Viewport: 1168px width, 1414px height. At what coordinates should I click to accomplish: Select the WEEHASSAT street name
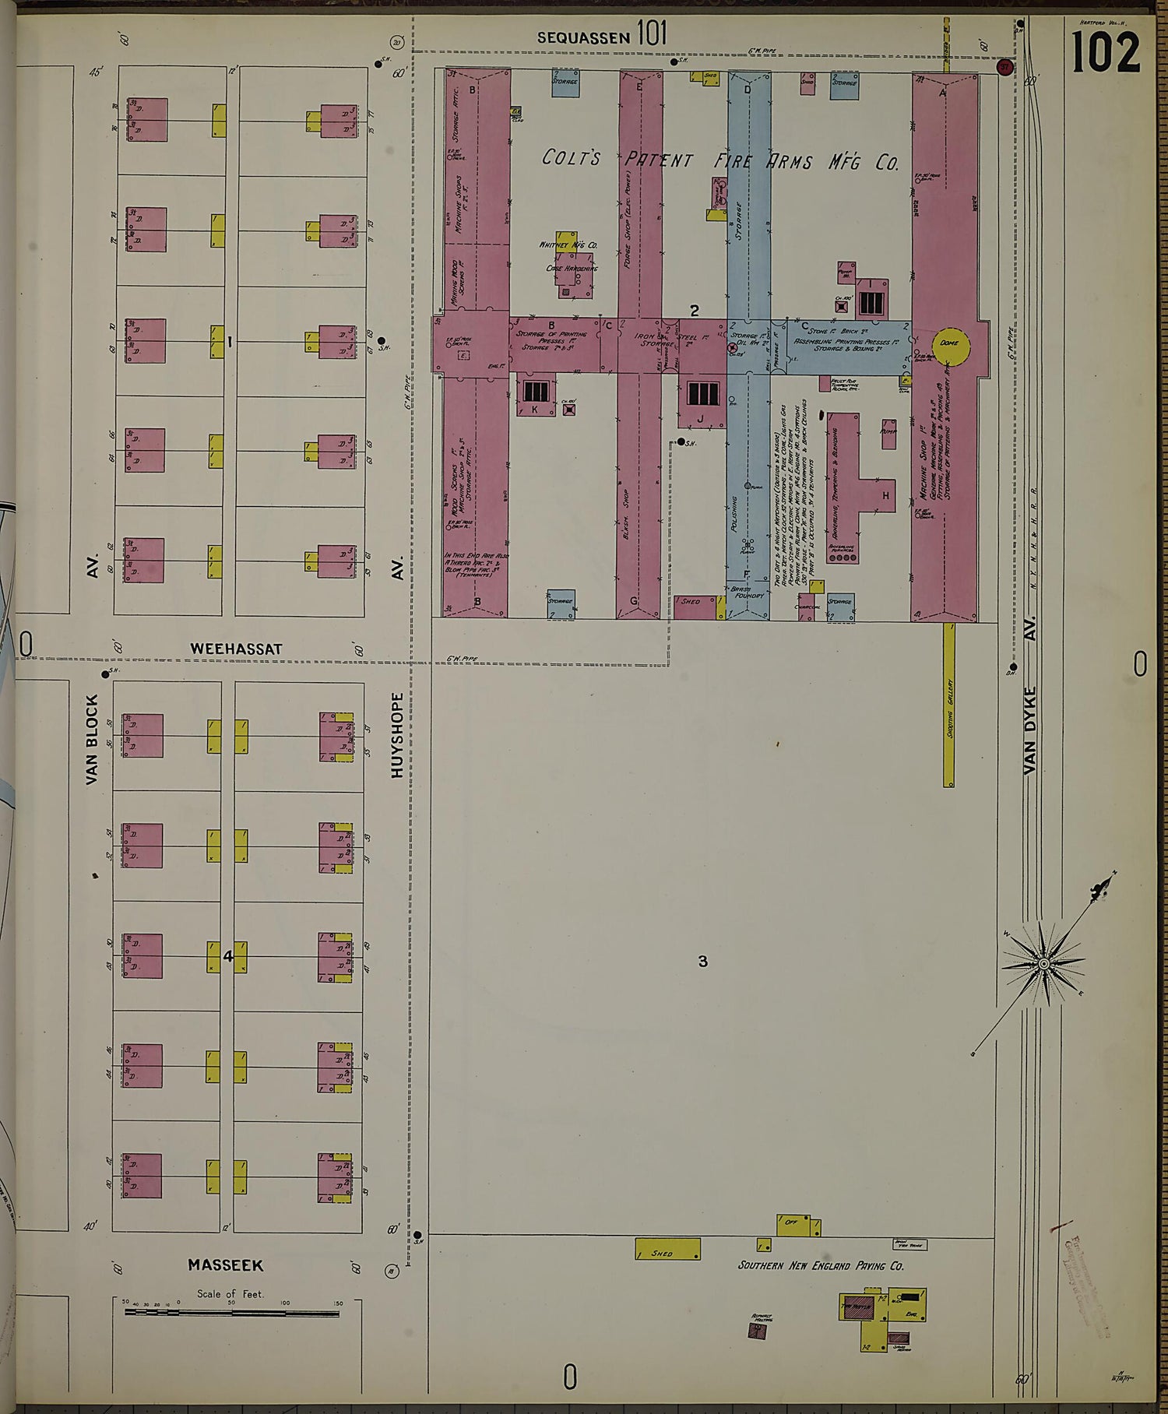point(236,649)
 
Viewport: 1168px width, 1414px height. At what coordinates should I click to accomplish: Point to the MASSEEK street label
point(225,1265)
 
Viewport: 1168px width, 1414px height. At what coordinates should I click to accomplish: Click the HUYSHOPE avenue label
point(398,734)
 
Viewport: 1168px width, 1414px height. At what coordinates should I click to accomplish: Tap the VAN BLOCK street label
point(93,739)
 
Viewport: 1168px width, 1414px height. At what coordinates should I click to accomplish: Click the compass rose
point(1043,963)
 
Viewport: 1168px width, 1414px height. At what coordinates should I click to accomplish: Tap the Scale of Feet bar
point(231,1313)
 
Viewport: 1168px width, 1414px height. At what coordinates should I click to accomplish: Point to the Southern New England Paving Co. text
point(821,1265)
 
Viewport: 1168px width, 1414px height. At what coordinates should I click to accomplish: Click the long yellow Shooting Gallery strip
point(949,704)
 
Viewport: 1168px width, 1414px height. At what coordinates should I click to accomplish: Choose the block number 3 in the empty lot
point(702,962)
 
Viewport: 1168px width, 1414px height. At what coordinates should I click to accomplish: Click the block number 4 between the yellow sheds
point(228,956)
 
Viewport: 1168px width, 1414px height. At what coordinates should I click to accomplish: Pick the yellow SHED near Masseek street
point(667,1249)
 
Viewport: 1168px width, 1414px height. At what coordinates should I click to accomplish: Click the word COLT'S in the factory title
point(571,159)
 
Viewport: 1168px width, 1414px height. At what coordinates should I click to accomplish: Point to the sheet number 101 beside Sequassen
point(652,33)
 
